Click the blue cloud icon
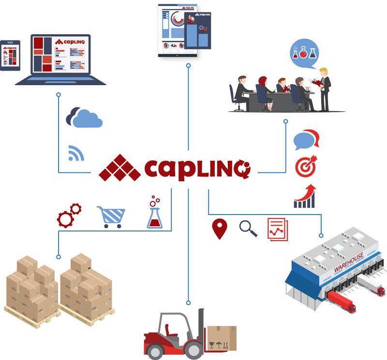point(85,117)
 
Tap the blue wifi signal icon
point(76,153)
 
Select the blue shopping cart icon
point(111,216)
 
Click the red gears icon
point(69,215)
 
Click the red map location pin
point(220,229)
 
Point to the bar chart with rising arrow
point(305,196)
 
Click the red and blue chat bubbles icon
point(306,140)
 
